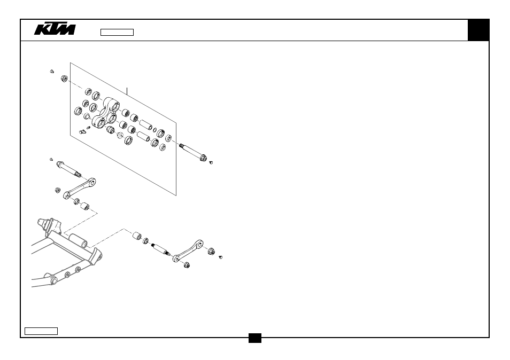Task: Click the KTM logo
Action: click(x=55, y=29)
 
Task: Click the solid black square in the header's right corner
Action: click(x=478, y=30)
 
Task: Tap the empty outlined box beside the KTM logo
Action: click(x=117, y=32)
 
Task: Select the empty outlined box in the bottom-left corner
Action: click(x=41, y=331)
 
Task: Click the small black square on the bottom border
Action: click(x=255, y=338)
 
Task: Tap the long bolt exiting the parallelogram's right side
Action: click(x=193, y=152)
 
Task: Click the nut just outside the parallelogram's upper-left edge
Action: click(x=64, y=79)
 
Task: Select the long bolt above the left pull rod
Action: click(x=69, y=169)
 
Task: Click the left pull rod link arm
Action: click(x=79, y=189)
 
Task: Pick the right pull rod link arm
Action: click(x=188, y=251)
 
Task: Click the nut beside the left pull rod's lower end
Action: click(x=58, y=190)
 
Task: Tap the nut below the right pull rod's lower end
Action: click(x=187, y=265)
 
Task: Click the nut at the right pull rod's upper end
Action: click(x=211, y=251)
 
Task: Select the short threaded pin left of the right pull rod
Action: click(x=161, y=249)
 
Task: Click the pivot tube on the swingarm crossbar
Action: click(x=78, y=241)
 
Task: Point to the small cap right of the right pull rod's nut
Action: click(x=221, y=257)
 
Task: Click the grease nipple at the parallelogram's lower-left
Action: click(x=83, y=131)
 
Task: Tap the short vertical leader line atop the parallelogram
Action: click(x=127, y=91)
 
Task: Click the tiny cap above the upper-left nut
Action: click(x=52, y=72)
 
